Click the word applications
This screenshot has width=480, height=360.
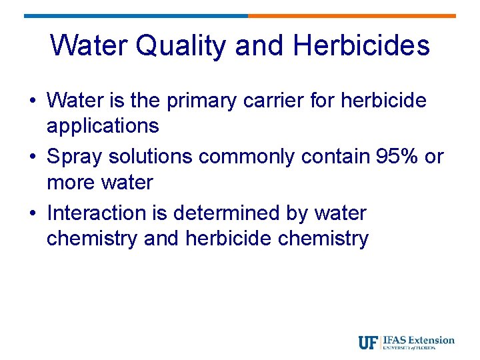pos(103,126)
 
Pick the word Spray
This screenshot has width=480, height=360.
pos(75,157)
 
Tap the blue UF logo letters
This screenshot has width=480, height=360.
pos(369,343)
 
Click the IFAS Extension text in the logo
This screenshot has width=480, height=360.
pos(419,341)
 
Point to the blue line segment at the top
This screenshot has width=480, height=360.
pos(136,16)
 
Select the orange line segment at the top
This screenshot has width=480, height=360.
pos(352,16)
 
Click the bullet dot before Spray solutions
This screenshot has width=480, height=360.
pos(32,157)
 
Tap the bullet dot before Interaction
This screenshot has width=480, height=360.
pos(32,213)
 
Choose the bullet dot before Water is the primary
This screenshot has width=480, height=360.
pos(32,101)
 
